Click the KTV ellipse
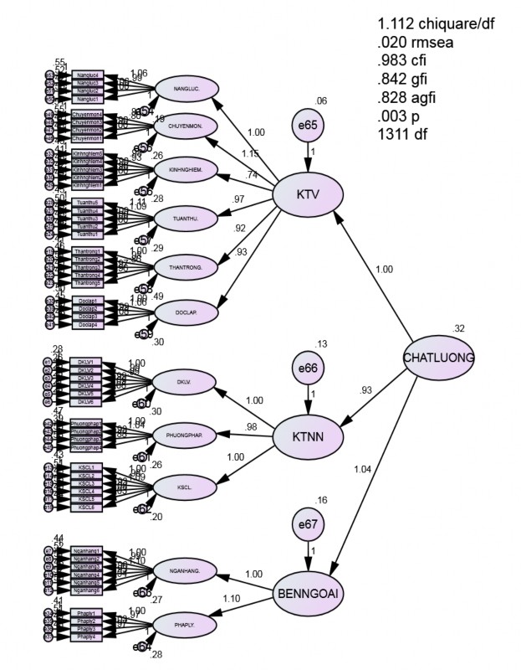(x=309, y=194)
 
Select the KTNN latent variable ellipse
(x=309, y=436)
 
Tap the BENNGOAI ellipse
(x=309, y=595)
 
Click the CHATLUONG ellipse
(x=438, y=358)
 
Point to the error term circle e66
(x=309, y=369)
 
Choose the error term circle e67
(x=309, y=528)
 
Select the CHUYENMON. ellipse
(x=186, y=128)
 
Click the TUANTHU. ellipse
(x=186, y=219)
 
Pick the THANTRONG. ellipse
(x=186, y=268)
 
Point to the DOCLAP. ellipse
(x=186, y=312)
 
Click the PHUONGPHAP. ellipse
(x=186, y=435)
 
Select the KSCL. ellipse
(x=186, y=487)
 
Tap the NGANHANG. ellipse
(x=186, y=572)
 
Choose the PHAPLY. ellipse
(x=186, y=624)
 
